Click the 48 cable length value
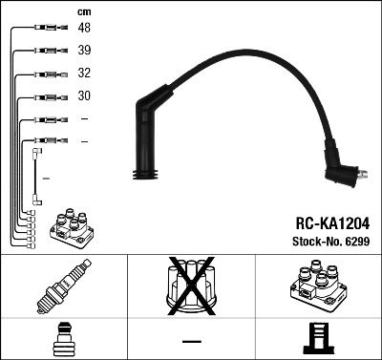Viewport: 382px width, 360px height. tap(85, 30)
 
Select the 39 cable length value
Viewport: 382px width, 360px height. tap(85, 52)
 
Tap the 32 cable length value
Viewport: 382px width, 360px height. tap(85, 74)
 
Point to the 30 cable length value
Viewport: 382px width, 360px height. tap(85, 96)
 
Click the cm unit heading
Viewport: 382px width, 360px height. tap(85, 11)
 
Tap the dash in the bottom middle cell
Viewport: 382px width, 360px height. tap(191, 341)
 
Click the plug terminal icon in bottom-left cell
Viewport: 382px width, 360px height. tap(63, 339)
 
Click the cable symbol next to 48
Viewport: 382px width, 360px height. tap(48, 30)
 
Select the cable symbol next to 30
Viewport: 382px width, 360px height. tap(48, 96)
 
